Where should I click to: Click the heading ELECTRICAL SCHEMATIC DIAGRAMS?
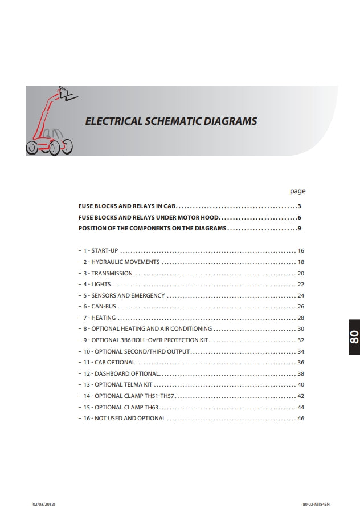170,121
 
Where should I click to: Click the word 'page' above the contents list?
297,192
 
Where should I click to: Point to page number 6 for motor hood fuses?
299,217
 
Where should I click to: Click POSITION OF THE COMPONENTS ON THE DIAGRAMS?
152,229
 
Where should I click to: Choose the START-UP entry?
101,251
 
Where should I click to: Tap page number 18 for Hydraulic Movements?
301,262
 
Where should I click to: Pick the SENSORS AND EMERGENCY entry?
124,295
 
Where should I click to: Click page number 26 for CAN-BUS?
301,307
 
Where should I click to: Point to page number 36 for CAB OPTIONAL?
301,362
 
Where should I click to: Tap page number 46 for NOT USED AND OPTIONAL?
301,418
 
